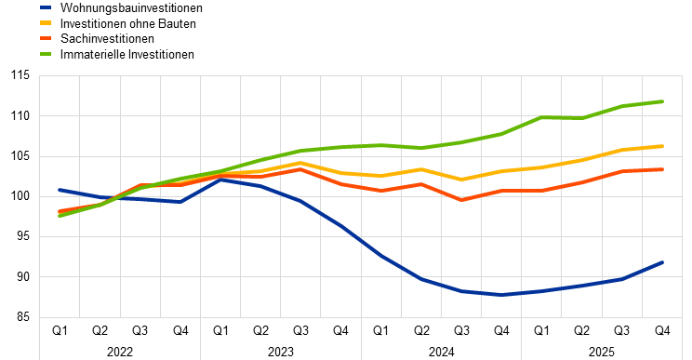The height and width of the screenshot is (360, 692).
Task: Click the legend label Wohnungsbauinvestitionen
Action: click(131, 8)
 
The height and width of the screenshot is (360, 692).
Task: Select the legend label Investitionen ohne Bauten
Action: click(128, 23)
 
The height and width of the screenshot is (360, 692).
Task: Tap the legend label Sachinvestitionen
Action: click(107, 39)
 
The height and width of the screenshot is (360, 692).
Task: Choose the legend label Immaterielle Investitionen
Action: click(127, 54)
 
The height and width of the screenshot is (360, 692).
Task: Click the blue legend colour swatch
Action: click(46, 7)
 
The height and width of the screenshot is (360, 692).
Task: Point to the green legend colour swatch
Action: click(46, 54)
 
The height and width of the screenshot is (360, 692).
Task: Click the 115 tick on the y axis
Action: click(20, 75)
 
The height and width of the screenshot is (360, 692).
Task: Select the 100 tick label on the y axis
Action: click(20, 196)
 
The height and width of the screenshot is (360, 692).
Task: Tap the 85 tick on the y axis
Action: click(23, 317)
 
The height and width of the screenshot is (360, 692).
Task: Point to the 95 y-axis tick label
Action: click(23, 236)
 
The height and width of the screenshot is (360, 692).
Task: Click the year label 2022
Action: click(120, 352)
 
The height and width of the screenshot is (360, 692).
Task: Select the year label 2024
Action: click(441, 352)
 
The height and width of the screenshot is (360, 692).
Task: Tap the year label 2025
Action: click(602, 352)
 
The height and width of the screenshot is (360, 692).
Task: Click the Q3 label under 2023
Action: click(300, 330)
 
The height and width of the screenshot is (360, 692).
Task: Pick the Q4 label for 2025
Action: click(662, 330)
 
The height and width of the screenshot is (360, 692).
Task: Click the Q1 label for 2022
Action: click(60, 330)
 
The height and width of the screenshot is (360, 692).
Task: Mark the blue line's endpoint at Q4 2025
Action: click(663, 262)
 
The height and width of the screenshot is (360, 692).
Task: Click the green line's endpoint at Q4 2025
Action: click(663, 101)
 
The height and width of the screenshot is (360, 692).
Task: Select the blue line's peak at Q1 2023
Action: click(220, 180)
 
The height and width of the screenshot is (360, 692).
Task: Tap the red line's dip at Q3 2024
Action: click(461, 200)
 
